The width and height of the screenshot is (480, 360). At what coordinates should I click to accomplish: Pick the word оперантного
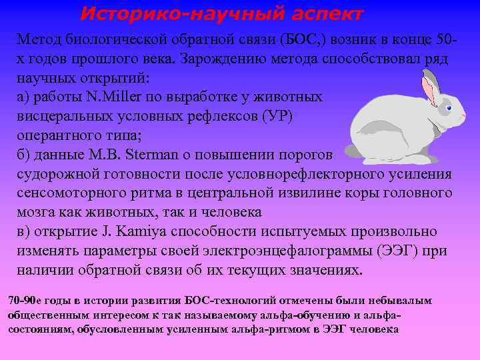pos(53,135)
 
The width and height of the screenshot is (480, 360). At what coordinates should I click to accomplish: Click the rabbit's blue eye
pos(448,108)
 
